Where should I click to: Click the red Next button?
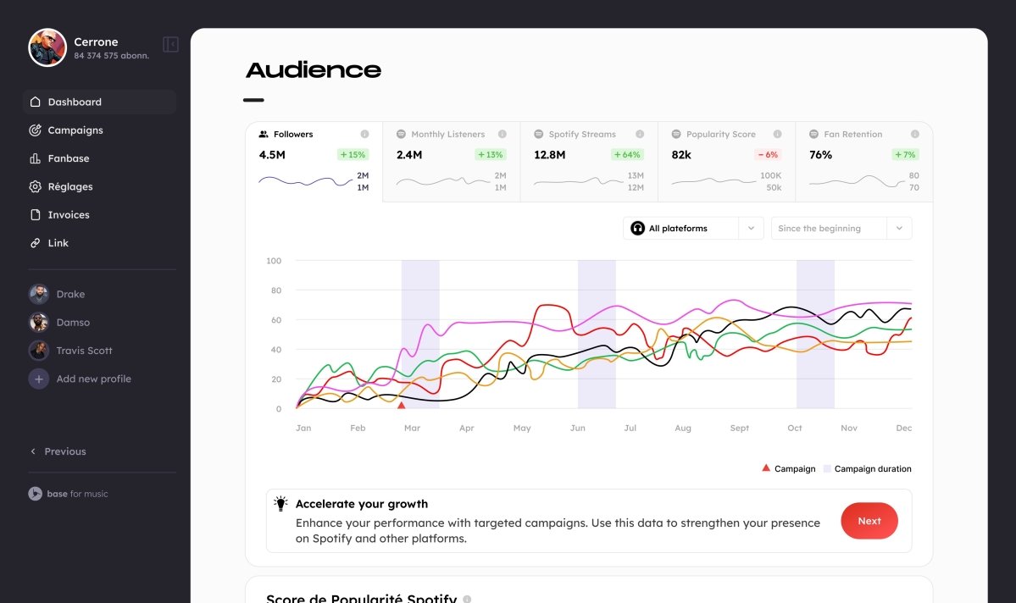pyautogui.click(x=869, y=521)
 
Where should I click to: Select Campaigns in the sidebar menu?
pyautogui.click(x=75, y=130)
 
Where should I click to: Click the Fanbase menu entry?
pyautogui.click(x=68, y=158)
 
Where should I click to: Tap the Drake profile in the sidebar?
pyautogui.click(x=69, y=295)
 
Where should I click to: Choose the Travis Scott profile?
pyautogui.click(x=83, y=351)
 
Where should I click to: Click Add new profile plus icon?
pyautogui.click(x=39, y=379)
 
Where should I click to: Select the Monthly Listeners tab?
pyautogui.click(x=447, y=135)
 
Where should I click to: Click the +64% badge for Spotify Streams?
pyautogui.click(x=628, y=155)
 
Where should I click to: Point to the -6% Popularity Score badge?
pyautogui.click(x=767, y=155)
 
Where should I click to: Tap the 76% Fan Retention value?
pyautogui.click(x=820, y=155)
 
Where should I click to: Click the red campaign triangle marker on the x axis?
pyautogui.click(x=401, y=406)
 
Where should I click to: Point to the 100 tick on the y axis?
pyautogui.click(x=273, y=261)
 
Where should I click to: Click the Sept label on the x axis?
pyautogui.click(x=739, y=429)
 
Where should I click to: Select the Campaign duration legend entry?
pyautogui.click(x=872, y=469)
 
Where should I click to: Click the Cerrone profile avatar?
pyautogui.click(x=47, y=47)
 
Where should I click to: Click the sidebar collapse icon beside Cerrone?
pyautogui.click(x=170, y=44)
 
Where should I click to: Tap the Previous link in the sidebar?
pyautogui.click(x=64, y=451)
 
